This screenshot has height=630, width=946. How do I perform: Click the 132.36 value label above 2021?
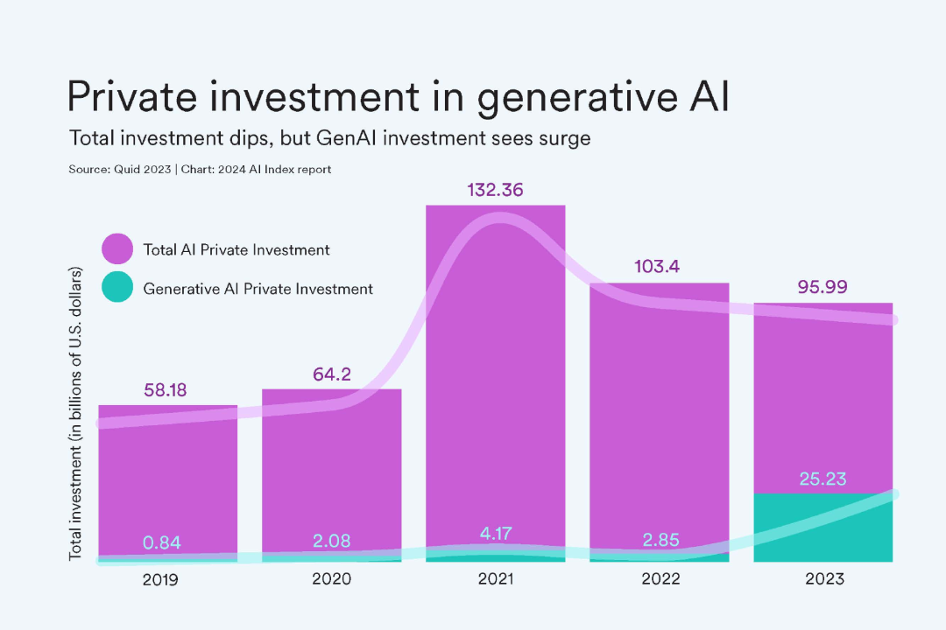point(495,190)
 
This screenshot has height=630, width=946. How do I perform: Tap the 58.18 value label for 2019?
point(166,389)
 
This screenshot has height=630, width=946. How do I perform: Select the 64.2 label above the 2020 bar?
point(331,374)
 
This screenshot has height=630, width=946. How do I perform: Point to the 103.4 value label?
point(659,267)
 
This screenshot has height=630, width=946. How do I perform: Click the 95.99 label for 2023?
point(822,287)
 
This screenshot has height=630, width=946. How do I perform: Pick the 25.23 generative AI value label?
point(822,479)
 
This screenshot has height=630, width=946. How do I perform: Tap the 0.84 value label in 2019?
point(167,542)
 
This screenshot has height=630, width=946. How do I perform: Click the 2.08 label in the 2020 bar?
point(331,541)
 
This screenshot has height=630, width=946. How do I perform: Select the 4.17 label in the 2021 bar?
point(495,531)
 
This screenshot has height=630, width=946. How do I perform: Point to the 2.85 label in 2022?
point(659,539)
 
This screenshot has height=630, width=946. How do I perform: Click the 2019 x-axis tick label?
point(167,578)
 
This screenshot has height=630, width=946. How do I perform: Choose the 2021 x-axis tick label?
point(495,578)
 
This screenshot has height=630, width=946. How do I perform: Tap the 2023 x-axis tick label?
point(822,578)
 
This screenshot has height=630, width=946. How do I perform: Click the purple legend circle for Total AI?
point(117,249)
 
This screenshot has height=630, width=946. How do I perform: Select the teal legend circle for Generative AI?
point(117,288)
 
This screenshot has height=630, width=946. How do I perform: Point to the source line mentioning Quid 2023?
point(200,169)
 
